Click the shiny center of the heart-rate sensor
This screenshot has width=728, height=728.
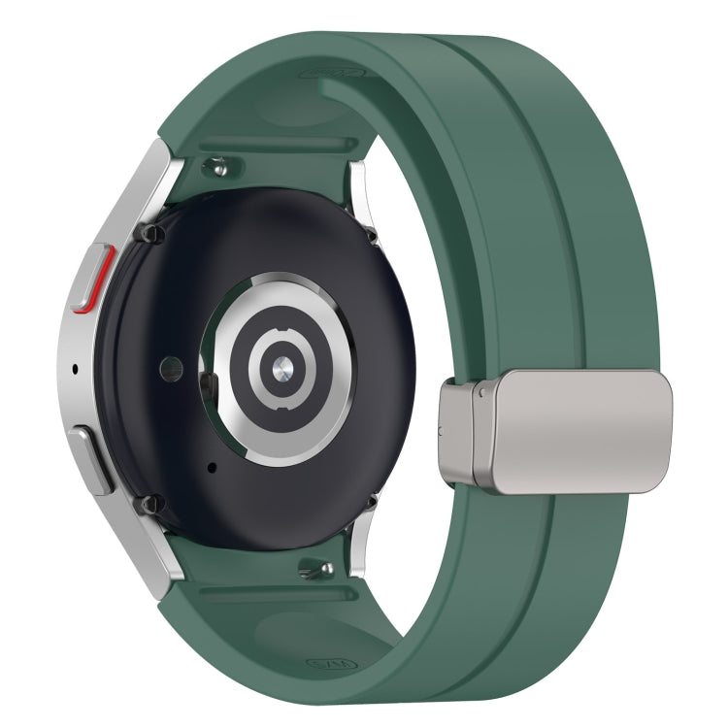point(280,366)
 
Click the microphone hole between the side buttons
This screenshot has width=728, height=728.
point(77,370)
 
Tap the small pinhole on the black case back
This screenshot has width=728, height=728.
point(211,467)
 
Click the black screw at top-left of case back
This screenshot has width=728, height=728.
point(149,234)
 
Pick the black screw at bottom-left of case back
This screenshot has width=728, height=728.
point(148,504)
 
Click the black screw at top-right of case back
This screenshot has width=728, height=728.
point(370,234)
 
